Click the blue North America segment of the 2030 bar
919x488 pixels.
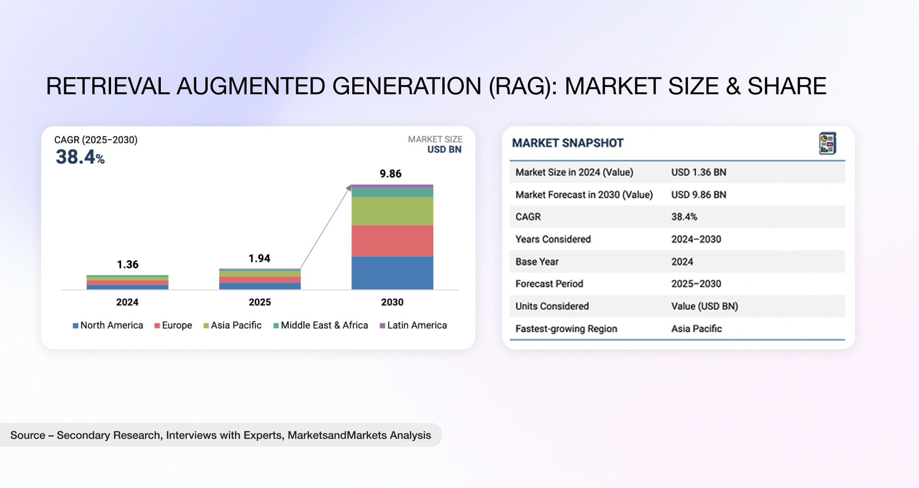coord(392,273)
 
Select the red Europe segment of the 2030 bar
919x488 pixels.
coord(392,241)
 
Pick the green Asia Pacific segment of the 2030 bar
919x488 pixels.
coord(392,211)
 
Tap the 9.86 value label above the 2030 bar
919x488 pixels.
coord(391,174)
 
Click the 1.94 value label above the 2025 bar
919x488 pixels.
coord(259,258)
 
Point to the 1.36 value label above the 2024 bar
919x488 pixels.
coord(127,265)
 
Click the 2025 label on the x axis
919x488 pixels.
coord(259,302)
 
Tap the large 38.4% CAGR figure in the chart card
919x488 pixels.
coord(79,157)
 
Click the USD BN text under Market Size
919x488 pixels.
coord(444,149)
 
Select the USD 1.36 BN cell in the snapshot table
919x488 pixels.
coord(698,172)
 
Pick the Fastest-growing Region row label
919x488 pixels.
coord(566,329)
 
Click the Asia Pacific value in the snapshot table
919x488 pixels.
coord(696,329)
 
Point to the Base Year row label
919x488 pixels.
coord(537,262)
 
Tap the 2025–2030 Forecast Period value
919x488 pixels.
coord(696,284)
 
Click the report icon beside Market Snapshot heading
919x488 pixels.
coord(828,143)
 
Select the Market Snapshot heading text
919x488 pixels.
coord(568,143)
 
